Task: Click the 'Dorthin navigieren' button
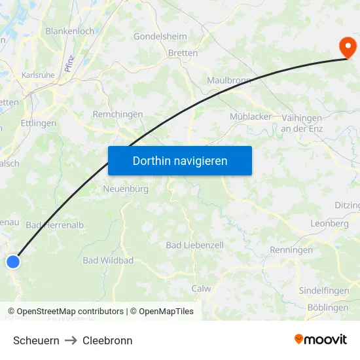tap(179, 160)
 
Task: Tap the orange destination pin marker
tap(347, 47)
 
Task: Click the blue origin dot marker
tap(13, 262)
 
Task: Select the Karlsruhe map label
tap(38, 75)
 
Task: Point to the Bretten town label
tap(183, 53)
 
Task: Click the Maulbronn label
tap(229, 81)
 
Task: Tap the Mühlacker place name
tap(251, 117)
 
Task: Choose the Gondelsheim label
tap(160, 37)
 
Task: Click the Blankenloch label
tap(70, 31)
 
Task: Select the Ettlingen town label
tap(39, 123)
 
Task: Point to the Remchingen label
tap(118, 114)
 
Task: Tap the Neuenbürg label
tap(126, 189)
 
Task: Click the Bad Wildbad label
tap(108, 261)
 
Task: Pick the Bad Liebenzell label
tap(195, 245)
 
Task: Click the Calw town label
tap(201, 288)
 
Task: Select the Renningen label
tap(291, 250)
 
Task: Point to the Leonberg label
tap(330, 223)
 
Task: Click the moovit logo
tap(321, 340)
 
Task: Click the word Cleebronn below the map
tap(107, 340)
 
